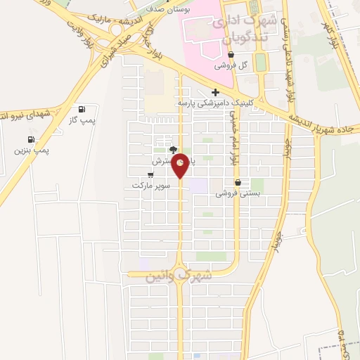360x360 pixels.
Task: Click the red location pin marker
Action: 181,164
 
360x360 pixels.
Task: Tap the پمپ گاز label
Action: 82,121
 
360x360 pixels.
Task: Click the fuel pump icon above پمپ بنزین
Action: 32,139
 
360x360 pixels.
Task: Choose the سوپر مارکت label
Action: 150,186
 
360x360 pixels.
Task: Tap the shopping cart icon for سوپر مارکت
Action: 150,175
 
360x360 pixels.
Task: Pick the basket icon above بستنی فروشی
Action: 237,182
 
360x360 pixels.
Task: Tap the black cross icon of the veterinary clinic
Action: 215,92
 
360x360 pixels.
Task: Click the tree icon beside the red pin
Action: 173,150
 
